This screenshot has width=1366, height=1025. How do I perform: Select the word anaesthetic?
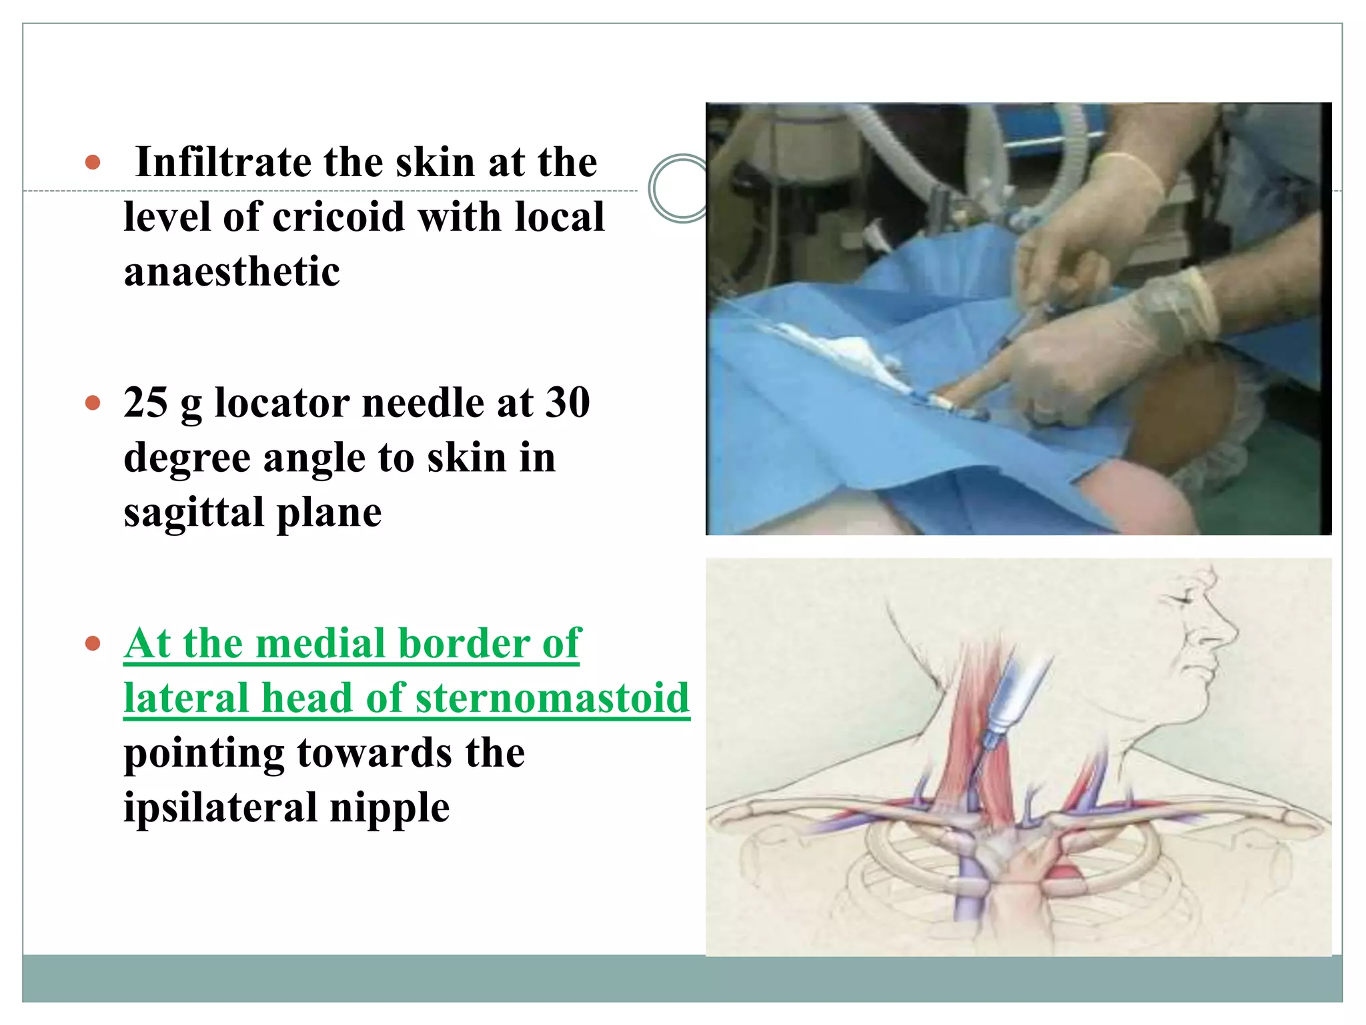(231, 272)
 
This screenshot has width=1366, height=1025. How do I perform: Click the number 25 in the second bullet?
(145, 402)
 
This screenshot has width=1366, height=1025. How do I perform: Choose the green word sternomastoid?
(552, 698)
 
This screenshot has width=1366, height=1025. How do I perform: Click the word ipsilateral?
(220, 808)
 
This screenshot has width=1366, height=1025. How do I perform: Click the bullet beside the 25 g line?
(93, 403)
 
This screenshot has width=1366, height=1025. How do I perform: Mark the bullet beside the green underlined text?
(93, 644)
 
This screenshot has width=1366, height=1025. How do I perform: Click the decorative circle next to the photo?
(679, 188)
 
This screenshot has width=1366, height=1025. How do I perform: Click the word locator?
(282, 402)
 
